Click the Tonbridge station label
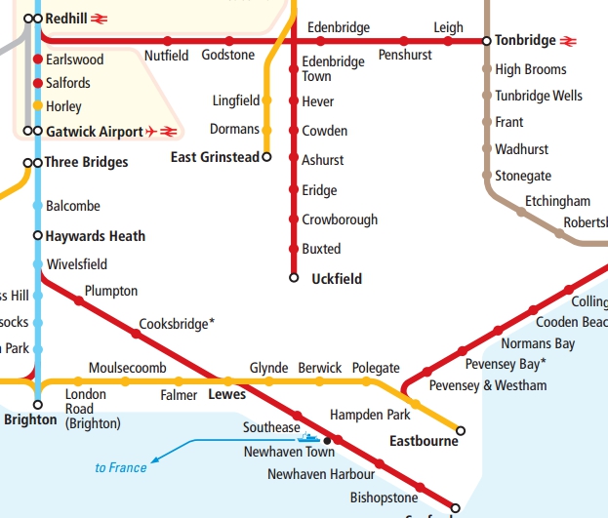click(x=525, y=41)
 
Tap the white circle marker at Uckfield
click(x=294, y=278)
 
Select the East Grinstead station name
click(x=215, y=157)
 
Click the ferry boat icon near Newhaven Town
click(x=306, y=438)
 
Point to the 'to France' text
click(x=121, y=468)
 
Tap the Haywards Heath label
click(x=96, y=236)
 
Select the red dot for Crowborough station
click(x=294, y=219)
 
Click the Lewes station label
click(x=227, y=395)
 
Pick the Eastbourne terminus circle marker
click(x=461, y=430)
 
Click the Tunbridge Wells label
click(x=539, y=96)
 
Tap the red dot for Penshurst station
click(x=404, y=41)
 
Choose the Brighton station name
click(x=31, y=420)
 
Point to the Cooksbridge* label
click(x=177, y=323)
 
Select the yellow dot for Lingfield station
click(x=266, y=100)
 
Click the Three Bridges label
click(x=86, y=162)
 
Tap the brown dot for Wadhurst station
click(x=487, y=149)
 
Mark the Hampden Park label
click(x=370, y=415)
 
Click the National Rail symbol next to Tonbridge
click(x=570, y=41)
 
